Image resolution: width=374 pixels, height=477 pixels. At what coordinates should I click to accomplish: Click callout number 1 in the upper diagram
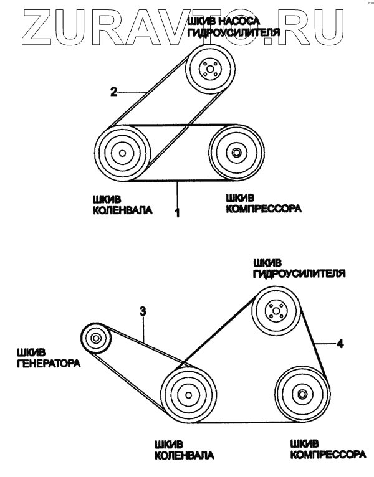(x=177, y=213)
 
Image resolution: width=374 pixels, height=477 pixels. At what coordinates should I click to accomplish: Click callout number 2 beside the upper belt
(x=113, y=92)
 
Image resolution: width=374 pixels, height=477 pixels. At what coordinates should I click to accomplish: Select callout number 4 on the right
(x=340, y=342)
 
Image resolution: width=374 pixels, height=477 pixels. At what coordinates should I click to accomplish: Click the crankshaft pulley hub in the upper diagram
(x=122, y=153)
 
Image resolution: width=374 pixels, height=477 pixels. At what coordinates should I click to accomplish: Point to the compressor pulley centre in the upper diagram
(x=236, y=153)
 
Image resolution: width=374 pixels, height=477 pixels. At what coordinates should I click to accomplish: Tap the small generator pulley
(x=96, y=339)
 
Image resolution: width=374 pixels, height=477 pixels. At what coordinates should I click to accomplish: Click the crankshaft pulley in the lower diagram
(x=185, y=395)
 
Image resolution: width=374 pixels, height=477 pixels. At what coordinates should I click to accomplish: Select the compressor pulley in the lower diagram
(x=302, y=394)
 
